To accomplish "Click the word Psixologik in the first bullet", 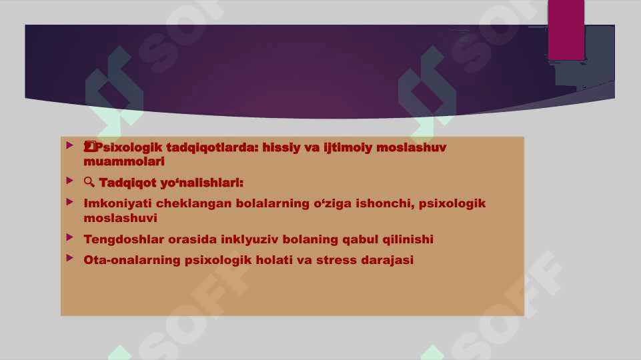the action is coord(128,147).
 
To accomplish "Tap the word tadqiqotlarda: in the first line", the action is coord(212,147).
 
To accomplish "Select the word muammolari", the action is coord(124,161).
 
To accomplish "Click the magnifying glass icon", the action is coord(89,182).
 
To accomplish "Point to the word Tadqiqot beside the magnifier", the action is coord(127,183).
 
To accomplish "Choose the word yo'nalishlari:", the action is coord(202,183).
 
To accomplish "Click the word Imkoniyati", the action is coord(117,203).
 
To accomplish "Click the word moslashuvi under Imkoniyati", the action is coord(120,218).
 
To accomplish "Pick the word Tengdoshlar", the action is coord(123,239).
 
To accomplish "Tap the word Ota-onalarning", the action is coord(131,260).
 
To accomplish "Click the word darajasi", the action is coord(387,260).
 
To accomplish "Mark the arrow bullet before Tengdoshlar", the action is coord(70,237).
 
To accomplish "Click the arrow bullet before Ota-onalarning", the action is coord(70,258).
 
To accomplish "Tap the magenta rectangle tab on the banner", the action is coord(566,30).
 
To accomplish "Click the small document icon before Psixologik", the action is coord(89,147).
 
